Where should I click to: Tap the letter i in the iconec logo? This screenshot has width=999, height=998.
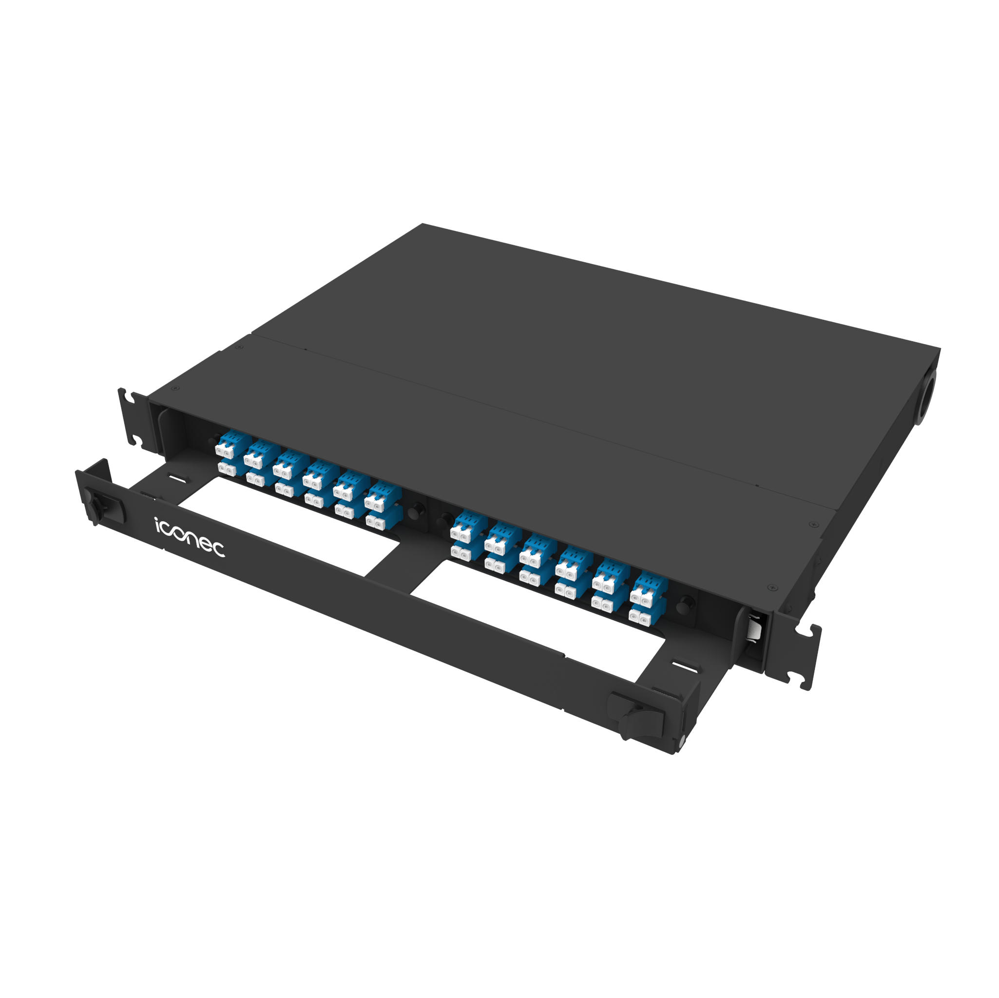(158, 524)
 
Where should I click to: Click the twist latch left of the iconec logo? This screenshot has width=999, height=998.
(98, 505)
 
